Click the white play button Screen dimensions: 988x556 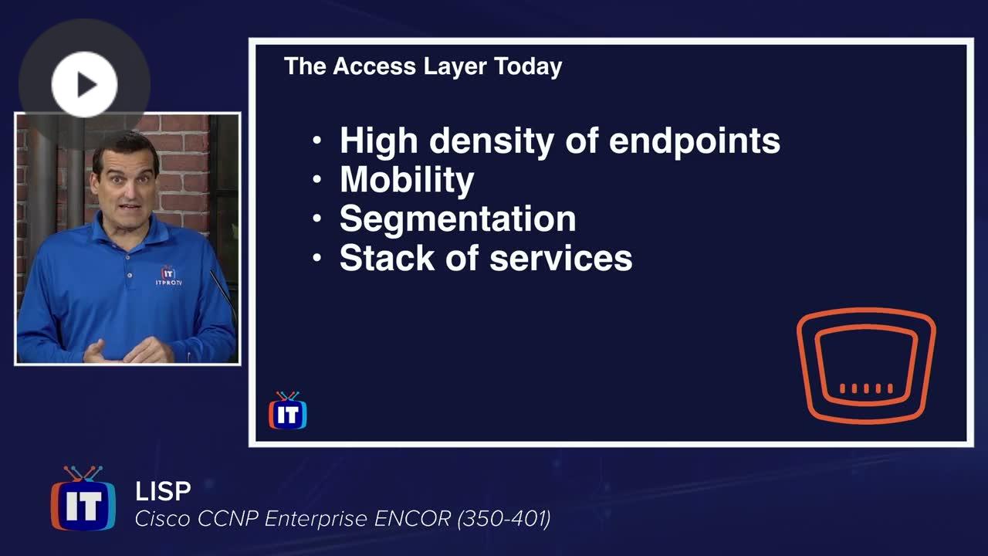click(x=84, y=84)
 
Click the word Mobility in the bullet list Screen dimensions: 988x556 click(x=407, y=180)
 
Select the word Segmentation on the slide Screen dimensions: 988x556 click(x=458, y=219)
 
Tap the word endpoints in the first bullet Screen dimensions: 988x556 click(x=694, y=141)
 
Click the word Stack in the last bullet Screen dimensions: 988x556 click(x=387, y=258)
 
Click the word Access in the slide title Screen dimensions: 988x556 click(x=374, y=66)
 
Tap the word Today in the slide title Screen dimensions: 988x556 click(x=528, y=67)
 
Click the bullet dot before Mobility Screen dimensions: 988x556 click(x=316, y=179)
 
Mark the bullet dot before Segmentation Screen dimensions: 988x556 click(x=316, y=218)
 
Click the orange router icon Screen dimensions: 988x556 click(x=866, y=365)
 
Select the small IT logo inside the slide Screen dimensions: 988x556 click(x=288, y=410)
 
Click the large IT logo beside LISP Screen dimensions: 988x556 click(x=83, y=498)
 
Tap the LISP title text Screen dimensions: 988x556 click(x=163, y=491)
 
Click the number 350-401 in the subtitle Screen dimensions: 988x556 click(x=504, y=519)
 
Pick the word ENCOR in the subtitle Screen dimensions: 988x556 click(x=412, y=519)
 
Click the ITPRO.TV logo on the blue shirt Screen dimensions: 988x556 click(x=168, y=276)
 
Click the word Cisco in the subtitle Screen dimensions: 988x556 click(x=163, y=519)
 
